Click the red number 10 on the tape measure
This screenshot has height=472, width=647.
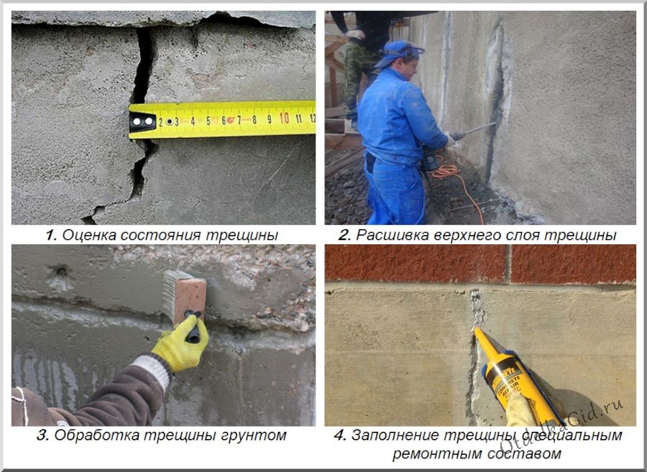pyautogui.click(x=284, y=118)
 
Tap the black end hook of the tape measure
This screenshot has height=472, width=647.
pyautogui.click(x=142, y=121)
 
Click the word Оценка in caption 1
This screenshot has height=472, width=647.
pyautogui.click(x=85, y=235)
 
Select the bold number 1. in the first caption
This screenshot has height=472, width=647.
pyautogui.click(x=50, y=235)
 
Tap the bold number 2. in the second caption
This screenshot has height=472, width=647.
pyautogui.click(x=344, y=235)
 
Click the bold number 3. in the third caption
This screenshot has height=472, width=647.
pyautogui.click(x=43, y=435)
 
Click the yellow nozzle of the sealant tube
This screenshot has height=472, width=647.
pyautogui.click(x=484, y=344)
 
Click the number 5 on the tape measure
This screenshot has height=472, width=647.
pyautogui.click(x=208, y=120)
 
